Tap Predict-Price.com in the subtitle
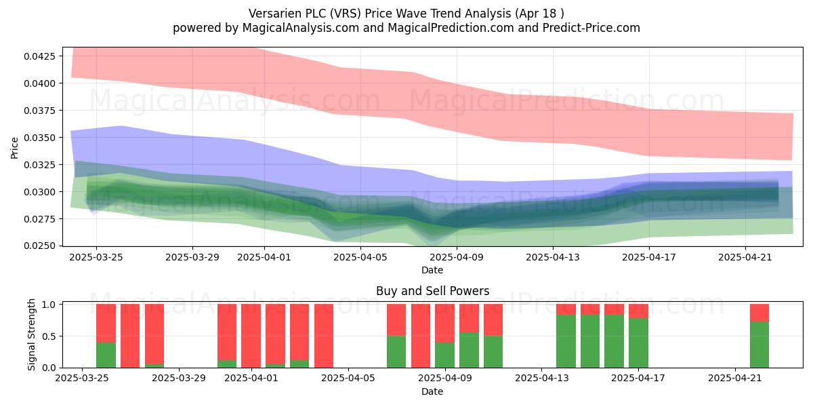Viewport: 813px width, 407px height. click(x=591, y=28)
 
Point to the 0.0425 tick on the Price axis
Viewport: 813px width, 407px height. click(x=39, y=56)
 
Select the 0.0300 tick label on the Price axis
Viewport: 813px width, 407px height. click(x=39, y=192)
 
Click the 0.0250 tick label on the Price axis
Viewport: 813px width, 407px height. click(x=39, y=246)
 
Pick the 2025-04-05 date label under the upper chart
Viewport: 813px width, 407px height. click(x=360, y=257)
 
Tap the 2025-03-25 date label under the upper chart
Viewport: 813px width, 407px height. click(x=96, y=257)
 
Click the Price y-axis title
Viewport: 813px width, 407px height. click(x=14, y=148)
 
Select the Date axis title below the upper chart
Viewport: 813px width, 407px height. click(x=432, y=271)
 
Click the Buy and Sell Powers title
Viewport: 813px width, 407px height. click(x=432, y=291)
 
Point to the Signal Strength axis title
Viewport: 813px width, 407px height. click(x=32, y=334)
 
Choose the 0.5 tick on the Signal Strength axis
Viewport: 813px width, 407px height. click(x=49, y=336)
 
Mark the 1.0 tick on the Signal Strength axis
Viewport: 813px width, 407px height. click(x=49, y=305)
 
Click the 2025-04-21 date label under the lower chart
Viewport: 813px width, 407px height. click(x=735, y=379)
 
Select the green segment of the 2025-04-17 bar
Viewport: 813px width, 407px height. click(x=638, y=343)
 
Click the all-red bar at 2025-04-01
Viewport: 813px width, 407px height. click(x=251, y=336)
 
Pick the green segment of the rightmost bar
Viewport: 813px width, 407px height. click(x=759, y=345)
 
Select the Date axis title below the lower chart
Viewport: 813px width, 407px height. click(x=432, y=392)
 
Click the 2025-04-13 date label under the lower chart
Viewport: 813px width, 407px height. click(x=542, y=379)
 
